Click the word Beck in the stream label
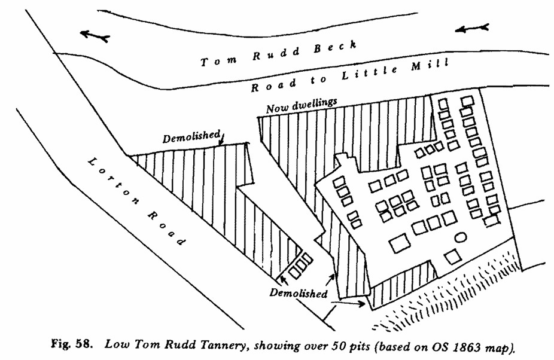(337, 46)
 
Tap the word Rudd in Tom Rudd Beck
(274, 53)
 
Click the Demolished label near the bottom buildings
(299, 294)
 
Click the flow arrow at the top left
(95, 35)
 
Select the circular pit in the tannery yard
(461, 237)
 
